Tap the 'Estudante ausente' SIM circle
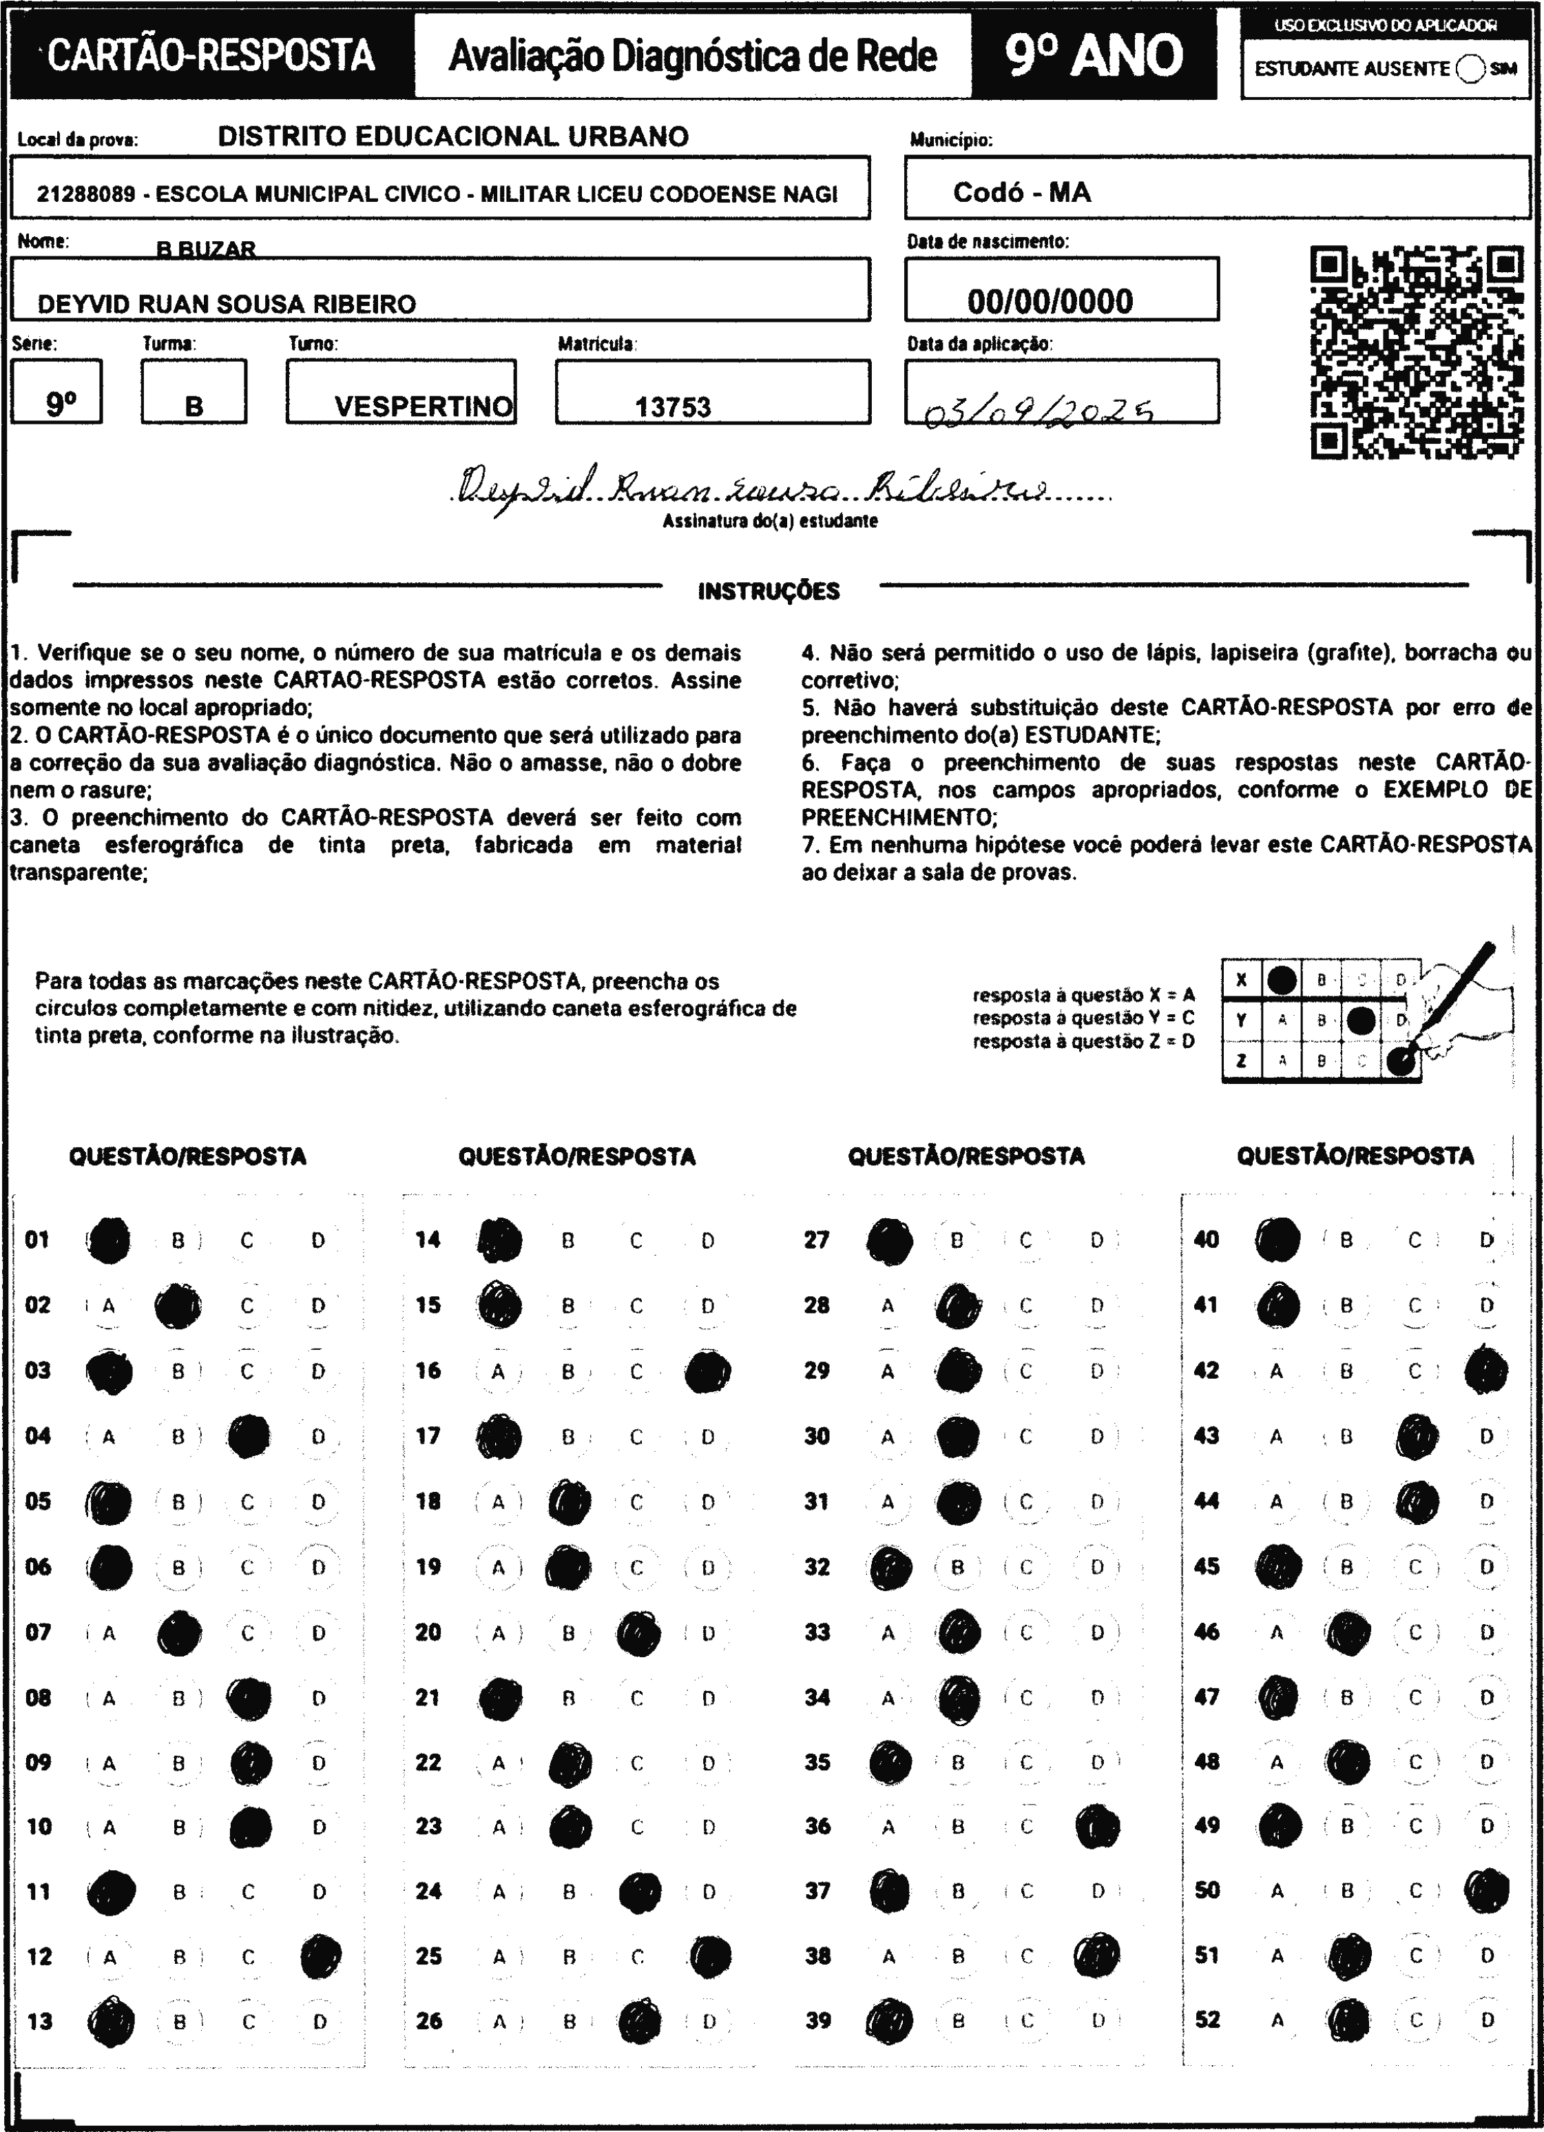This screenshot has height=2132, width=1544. point(1470,70)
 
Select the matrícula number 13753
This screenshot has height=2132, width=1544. point(673,407)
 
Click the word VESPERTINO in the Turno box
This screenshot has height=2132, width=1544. point(423,407)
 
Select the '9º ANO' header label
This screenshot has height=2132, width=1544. point(1094,57)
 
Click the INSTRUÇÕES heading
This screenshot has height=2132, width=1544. point(769,591)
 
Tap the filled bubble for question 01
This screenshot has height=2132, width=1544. point(109,1240)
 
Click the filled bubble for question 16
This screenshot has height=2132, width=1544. point(708,1371)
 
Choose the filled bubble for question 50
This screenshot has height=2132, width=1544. point(1487,1890)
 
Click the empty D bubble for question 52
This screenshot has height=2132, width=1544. point(1487,2020)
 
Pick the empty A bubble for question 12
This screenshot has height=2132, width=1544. point(109,1957)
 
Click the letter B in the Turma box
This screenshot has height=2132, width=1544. point(194,407)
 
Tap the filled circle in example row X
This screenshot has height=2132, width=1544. point(1282,981)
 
